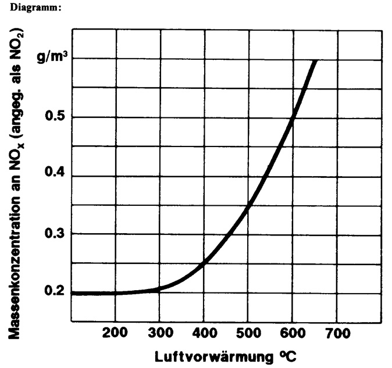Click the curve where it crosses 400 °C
pyautogui.click(x=204, y=265)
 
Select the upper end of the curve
pyautogui.click(x=315, y=60)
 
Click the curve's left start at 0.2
pyautogui.click(x=73, y=293)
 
